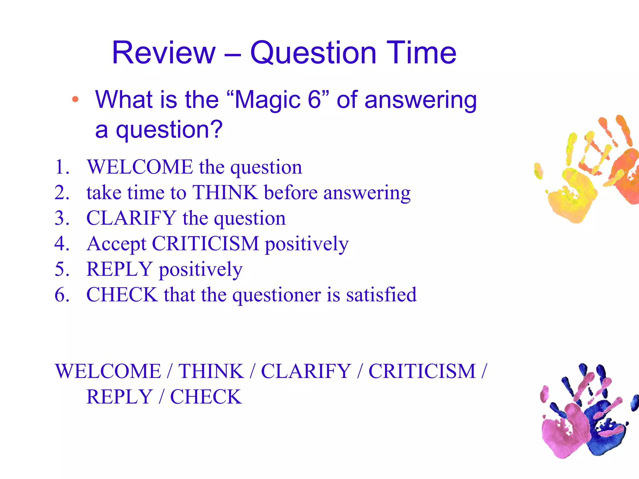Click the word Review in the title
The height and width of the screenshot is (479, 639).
pyautogui.click(x=164, y=53)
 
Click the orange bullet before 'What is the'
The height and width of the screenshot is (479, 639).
pyautogui.click(x=75, y=100)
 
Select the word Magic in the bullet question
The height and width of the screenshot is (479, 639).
pyautogui.click(x=267, y=100)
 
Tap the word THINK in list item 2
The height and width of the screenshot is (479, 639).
pyautogui.click(x=225, y=192)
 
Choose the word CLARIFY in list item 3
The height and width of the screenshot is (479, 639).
pyautogui.click(x=131, y=218)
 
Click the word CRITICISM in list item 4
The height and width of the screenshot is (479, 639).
pyautogui.click(x=205, y=244)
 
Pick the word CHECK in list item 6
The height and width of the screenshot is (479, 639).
pyautogui.click(x=122, y=294)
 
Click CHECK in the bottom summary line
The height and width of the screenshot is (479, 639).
pyautogui.click(x=206, y=397)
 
